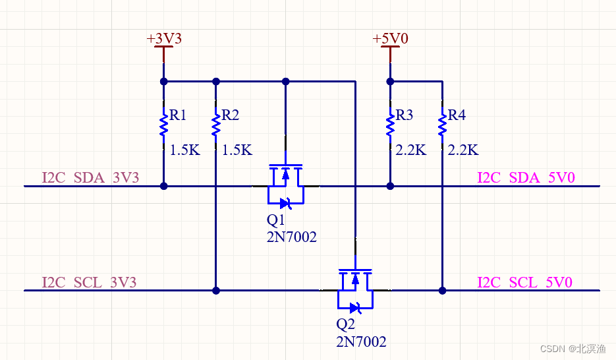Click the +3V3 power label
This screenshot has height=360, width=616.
(163, 39)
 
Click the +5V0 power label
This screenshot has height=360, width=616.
(390, 39)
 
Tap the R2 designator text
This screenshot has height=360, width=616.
(230, 115)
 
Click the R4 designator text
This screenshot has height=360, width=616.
(457, 115)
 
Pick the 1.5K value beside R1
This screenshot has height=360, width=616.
(184, 150)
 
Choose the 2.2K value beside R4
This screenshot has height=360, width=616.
(462, 150)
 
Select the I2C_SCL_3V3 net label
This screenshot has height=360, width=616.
(89, 282)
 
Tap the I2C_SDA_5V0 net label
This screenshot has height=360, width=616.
(526, 178)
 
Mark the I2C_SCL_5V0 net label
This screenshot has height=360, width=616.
(524, 282)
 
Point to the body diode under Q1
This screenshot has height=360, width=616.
(285, 202)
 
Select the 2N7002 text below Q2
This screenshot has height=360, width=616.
(361, 342)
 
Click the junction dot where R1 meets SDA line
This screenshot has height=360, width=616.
(163, 187)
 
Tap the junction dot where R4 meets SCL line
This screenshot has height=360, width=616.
(443, 290)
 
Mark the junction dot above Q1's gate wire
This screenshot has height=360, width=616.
(285, 82)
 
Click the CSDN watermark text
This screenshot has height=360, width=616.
(572, 348)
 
